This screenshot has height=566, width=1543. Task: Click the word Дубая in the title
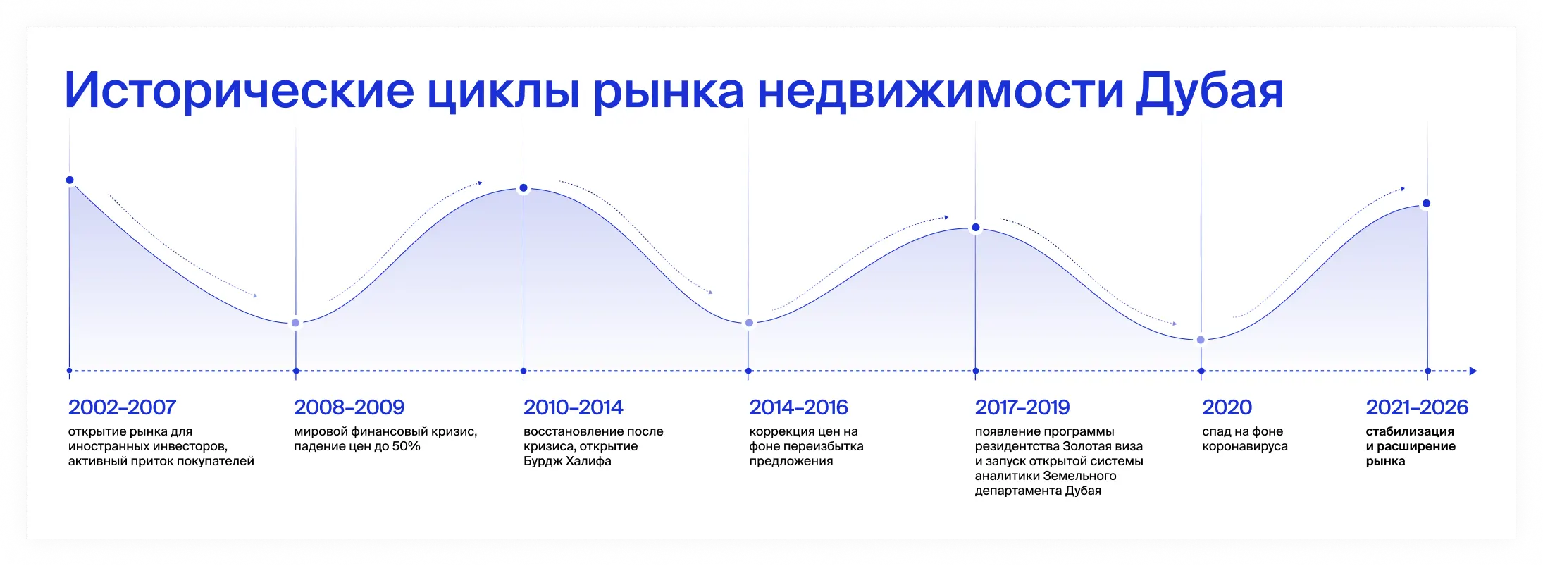click(1209, 91)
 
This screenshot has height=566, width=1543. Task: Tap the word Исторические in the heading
click(239, 91)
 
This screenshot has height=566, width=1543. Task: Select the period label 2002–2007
click(122, 407)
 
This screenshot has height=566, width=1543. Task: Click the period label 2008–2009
click(349, 407)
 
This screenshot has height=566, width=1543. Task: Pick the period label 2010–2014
click(573, 407)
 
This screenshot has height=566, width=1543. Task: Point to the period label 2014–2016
click(798, 407)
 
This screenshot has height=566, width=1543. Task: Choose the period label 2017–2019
click(1022, 407)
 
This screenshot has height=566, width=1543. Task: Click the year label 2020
click(1227, 407)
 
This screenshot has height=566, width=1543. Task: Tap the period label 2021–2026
click(1417, 407)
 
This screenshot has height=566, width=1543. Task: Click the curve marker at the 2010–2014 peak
click(523, 188)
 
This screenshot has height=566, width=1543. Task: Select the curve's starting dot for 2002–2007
click(70, 180)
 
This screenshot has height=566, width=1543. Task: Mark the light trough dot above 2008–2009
click(296, 323)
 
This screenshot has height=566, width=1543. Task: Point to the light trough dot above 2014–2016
click(749, 323)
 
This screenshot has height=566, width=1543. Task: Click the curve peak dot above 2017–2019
click(976, 228)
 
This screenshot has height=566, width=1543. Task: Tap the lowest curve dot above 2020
click(1201, 340)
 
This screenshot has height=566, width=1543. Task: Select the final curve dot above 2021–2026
click(1427, 204)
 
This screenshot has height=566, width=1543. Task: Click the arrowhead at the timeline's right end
click(1473, 371)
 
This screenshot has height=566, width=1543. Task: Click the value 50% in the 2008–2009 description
click(407, 446)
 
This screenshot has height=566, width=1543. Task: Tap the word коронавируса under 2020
click(1244, 446)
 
